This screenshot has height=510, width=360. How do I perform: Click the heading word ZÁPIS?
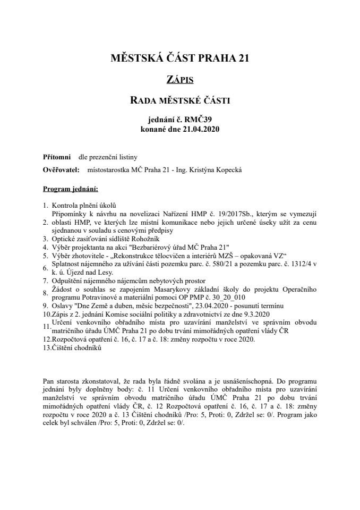[x=180, y=80]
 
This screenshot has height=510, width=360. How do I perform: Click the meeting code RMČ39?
[x=196, y=120]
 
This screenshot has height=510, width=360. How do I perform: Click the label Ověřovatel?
[x=60, y=170]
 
